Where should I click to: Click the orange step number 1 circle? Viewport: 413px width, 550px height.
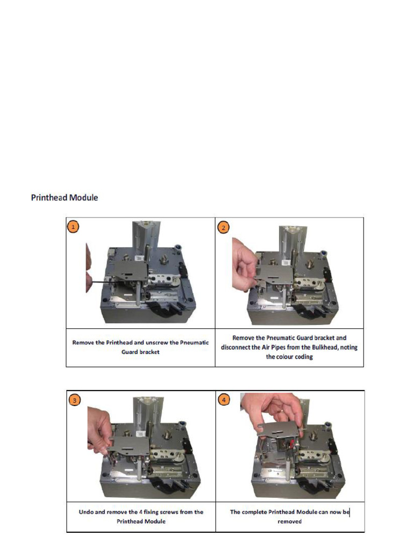coord(73,227)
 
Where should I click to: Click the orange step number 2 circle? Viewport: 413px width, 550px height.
coord(223,227)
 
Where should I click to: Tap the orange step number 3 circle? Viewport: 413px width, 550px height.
coord(74,400)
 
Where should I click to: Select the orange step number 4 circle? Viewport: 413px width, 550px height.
coord(224,399)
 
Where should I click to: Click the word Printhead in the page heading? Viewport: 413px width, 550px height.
coord(49,198)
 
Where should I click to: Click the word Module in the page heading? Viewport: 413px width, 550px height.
coord(83,198)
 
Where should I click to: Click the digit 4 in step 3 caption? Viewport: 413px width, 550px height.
coord(140,512)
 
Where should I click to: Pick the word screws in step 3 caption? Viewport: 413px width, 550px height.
coord(169,512)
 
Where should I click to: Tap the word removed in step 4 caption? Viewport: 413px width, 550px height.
coord(289,521)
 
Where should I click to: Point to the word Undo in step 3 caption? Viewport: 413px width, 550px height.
coord(86,512)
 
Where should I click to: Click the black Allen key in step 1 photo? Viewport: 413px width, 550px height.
coord(105,279)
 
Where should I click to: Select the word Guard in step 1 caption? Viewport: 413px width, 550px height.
coord(129,352)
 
